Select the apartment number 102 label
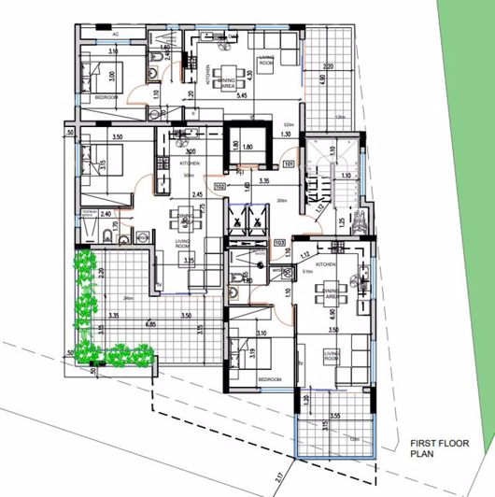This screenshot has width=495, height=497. (219, 186)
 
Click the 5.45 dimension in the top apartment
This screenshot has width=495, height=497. (242, 95)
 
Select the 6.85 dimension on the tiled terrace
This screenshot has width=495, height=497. (149, 324)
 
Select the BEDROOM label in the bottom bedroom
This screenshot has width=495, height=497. (270, 380)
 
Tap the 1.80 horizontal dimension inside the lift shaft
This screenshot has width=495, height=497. (247, 147)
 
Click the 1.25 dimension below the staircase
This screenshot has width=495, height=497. (342, 221)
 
